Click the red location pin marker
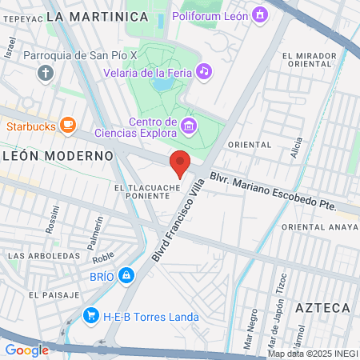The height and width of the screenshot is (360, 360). [x=180, y=162]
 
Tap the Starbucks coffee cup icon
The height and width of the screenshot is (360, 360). [x=68, y=124]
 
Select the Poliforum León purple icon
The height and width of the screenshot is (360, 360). [x=259, y=14]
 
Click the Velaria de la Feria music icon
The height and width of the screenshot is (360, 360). [x=204, y=71]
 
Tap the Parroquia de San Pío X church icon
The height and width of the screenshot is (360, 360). [x=45, y=74]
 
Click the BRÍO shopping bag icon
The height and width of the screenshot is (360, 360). [x=125, y=276]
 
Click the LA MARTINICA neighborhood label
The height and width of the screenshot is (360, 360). [x=98, y=16]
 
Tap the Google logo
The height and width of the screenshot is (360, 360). [x=26, y=350]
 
